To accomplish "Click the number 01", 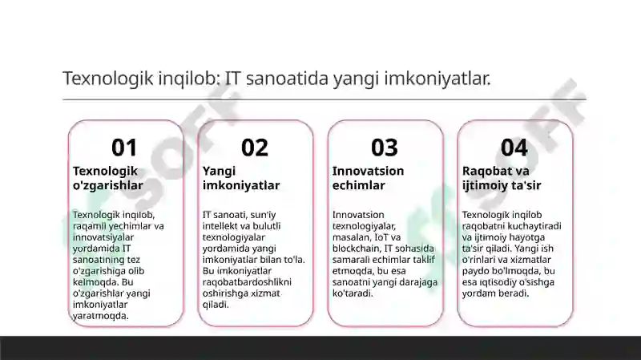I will [124, 148].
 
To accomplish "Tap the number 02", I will [255, 148].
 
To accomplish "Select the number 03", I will [385, 148].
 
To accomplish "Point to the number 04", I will [514, 148].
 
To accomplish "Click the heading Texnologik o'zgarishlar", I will [108, 178].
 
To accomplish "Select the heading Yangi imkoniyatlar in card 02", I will [241, 178].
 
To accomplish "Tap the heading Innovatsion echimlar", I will [368, 178].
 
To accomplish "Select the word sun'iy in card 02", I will [260, 215].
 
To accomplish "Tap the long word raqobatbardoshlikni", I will [247, 282].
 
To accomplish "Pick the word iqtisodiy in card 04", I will [498, 282].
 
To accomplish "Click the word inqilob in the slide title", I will [188, 79].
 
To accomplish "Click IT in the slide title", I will [233, 79].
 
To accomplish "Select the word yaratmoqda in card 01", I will [101, 316].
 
